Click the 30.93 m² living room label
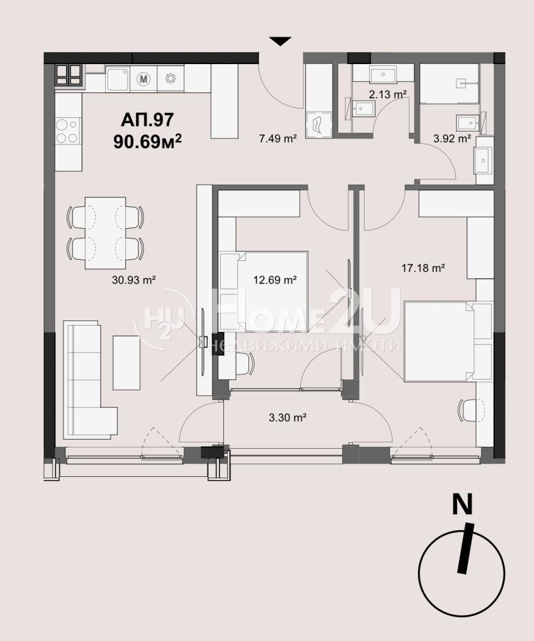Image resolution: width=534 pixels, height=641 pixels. (133, 280)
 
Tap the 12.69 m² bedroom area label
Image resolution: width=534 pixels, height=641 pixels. (275, 280)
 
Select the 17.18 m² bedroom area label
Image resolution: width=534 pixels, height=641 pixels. (423, 268)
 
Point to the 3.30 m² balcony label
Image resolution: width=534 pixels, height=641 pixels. (288, 418)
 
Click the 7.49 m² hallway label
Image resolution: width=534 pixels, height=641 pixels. (277, 138)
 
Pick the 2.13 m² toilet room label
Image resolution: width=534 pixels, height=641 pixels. (388, 94)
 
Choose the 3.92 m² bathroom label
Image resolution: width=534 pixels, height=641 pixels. (452, 138)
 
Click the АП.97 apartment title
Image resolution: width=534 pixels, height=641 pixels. (148, 121)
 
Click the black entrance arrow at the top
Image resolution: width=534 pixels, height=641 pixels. (280, 41)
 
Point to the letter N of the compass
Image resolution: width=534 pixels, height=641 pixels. (462, 504)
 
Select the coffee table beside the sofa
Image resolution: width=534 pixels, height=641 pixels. (127, 362)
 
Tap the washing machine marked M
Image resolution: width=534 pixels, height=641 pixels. (144, 78)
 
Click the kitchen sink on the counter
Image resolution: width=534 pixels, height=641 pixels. (117, 79)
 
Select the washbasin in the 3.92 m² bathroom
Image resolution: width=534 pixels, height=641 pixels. (484, 160)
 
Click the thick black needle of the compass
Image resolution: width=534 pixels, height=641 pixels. (466, 548)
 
